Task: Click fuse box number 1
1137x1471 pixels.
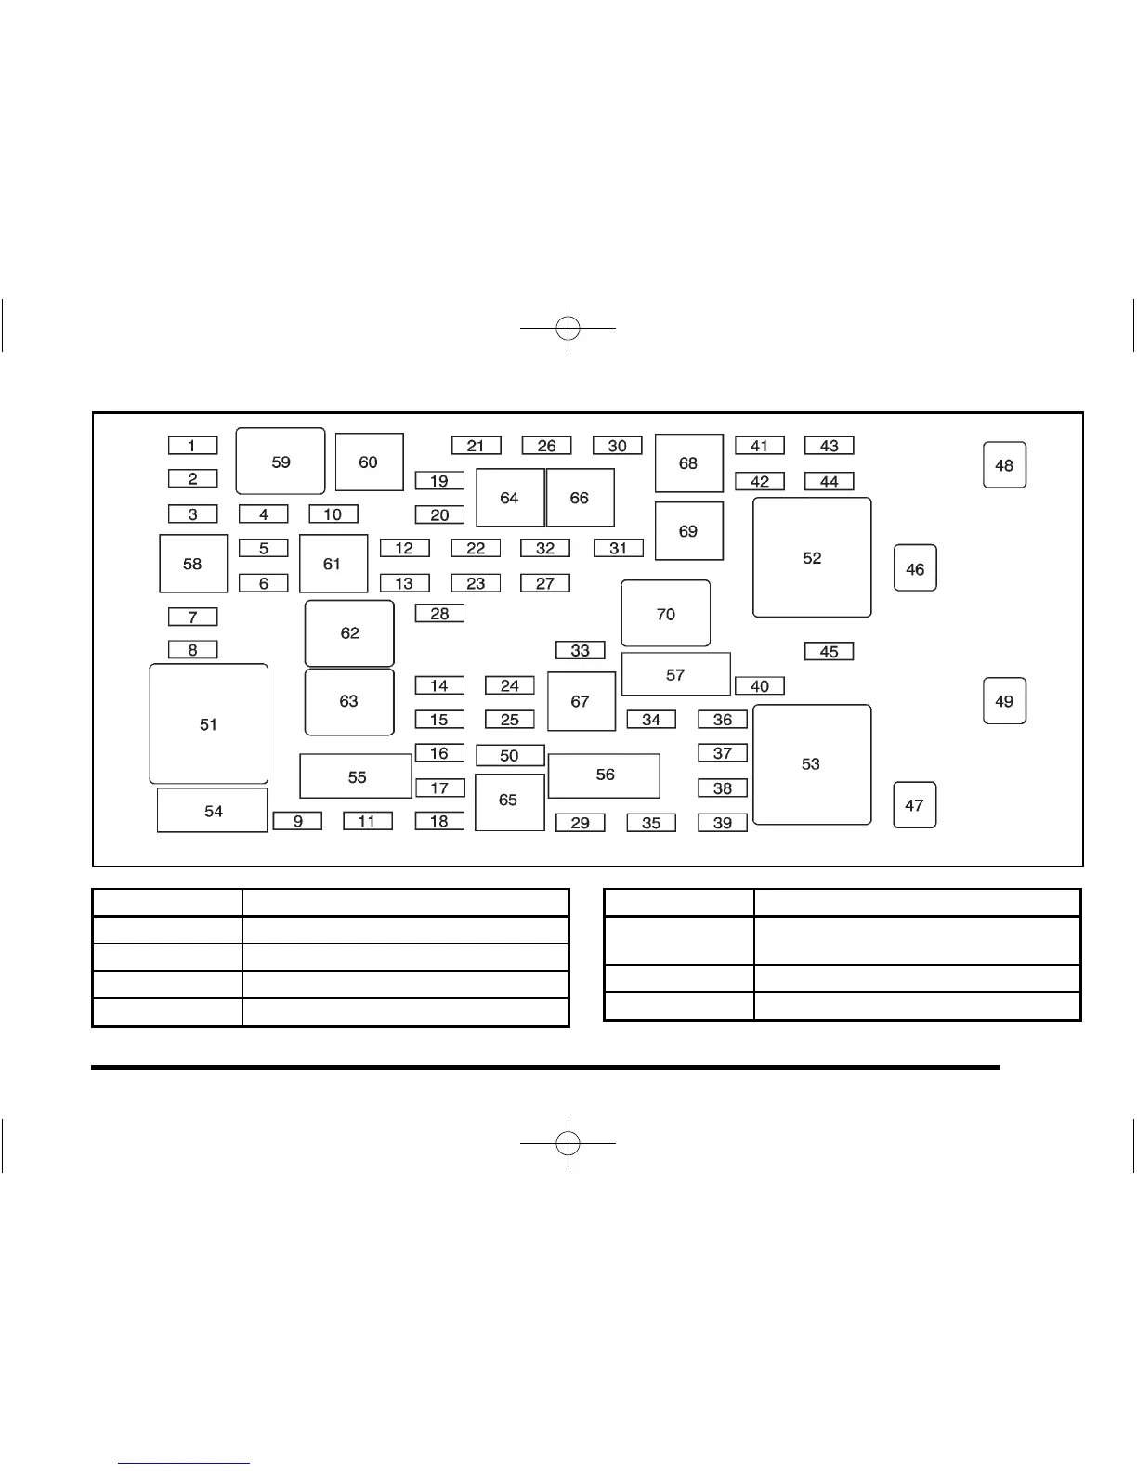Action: (x=192, y=446)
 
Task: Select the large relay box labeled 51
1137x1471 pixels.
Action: (x=209, y=724)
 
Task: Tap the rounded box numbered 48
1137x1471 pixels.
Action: (x=1004, y=465)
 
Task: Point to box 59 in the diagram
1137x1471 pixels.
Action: (x=281, y=462)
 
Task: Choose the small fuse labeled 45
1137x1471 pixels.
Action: (x=829, y=652)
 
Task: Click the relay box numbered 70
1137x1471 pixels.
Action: (x=665, y=614)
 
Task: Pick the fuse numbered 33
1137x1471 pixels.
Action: (x=580, y=650)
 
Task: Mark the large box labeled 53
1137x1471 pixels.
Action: (x=811, y=764)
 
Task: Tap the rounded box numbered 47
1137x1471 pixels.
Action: (x=914, y=805)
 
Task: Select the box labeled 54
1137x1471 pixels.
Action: (x=213, y=811)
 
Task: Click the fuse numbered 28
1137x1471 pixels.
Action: (x=439, y=614)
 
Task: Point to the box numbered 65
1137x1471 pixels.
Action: (x=509, y=801)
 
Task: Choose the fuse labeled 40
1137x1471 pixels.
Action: (x=759, y=686)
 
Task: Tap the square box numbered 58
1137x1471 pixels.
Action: (x=193, y=564)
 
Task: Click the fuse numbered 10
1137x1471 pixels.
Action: (x=333, y=514)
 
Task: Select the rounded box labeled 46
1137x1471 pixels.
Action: (x=915, y=568)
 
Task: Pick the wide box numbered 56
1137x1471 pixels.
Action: (x=604, y=775)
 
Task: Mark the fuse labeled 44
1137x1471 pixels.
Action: (x=829, y=481)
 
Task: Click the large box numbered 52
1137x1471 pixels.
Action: (x=812, y=558)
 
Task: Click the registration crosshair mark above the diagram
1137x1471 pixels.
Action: (x=568, y=328)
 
